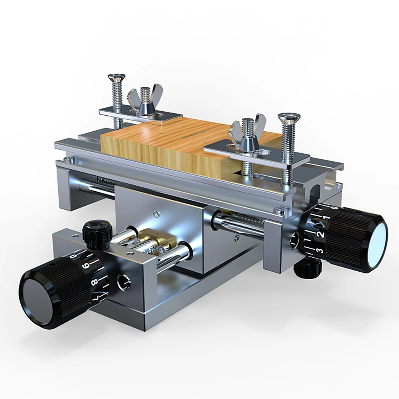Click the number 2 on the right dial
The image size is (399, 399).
click(320, 234)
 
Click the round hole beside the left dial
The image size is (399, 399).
click(124, 282)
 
